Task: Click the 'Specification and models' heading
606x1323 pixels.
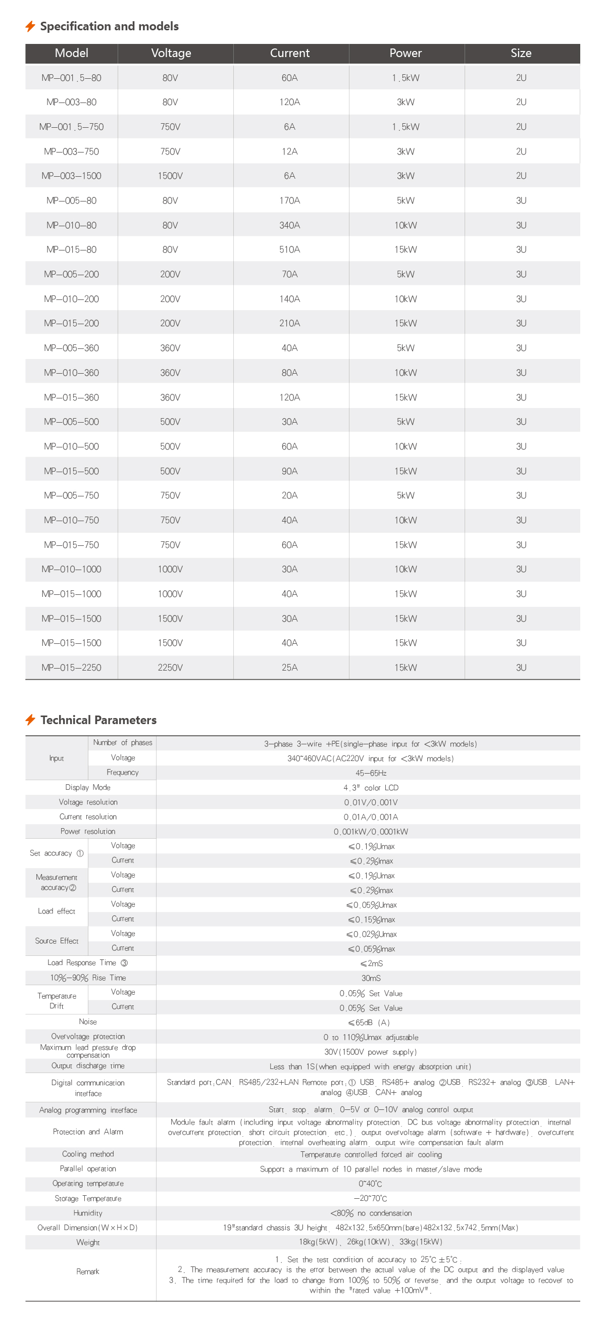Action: pos(109,26)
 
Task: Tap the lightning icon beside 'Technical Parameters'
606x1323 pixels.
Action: pos(30,720)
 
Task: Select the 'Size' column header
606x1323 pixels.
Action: pos(521,53)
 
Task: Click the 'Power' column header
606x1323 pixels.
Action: pos(405,53)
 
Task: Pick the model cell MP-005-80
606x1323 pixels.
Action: pos(71,200)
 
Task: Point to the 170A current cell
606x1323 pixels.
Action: pos(290,200)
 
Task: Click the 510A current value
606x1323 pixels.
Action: pos(290,249)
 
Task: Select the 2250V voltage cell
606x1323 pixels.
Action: pos(170,668)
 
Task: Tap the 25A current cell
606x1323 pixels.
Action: pos(290,668)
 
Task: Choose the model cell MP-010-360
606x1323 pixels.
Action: pos(71,372)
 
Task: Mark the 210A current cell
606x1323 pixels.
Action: pos(290,323)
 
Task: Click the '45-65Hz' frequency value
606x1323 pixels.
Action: pos(371,773)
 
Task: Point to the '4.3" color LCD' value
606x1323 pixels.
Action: pos(371,788)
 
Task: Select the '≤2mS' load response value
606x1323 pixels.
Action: pos(371,963)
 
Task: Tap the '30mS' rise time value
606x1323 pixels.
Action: pos(371,978)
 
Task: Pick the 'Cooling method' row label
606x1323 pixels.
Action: pos(88,1154)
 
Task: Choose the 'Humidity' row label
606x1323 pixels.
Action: pos(88,1212)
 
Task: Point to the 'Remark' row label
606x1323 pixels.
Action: pos(88,1271)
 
